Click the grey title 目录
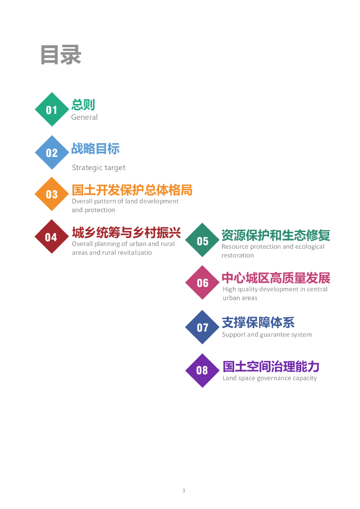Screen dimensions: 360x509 61,55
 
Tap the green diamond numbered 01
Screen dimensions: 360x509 52,109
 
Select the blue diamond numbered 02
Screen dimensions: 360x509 52,153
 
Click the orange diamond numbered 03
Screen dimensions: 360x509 52,194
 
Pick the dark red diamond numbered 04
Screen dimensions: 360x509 52,237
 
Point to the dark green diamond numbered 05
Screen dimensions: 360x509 202,241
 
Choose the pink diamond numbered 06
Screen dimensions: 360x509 202,282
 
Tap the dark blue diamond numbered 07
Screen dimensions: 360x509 202,327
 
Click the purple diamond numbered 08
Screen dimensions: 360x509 202,370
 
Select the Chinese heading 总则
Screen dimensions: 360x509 83,104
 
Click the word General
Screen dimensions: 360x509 85,117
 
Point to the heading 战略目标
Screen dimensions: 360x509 95,148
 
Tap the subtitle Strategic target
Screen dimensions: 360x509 98,168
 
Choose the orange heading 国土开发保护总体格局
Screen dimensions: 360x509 132,190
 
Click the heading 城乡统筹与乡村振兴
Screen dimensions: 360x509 126,232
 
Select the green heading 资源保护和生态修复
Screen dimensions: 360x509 275,235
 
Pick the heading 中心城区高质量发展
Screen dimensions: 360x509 275,277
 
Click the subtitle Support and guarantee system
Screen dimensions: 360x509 267,335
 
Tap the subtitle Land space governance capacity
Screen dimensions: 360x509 270,378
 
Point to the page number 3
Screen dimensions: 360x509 183,491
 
